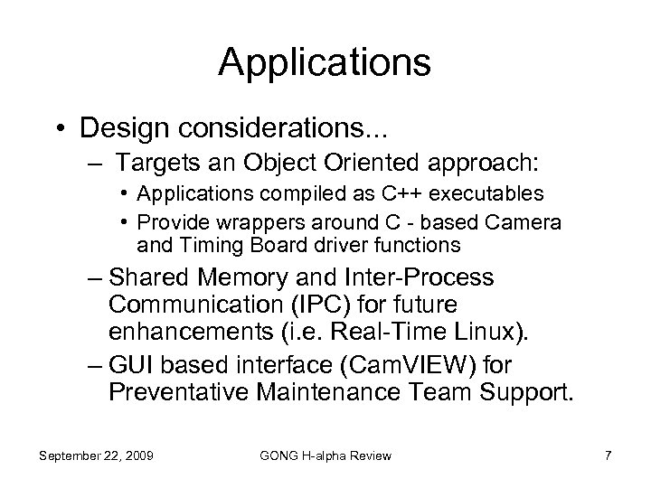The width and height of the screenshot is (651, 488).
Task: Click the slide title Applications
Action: [x=325, y=62]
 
